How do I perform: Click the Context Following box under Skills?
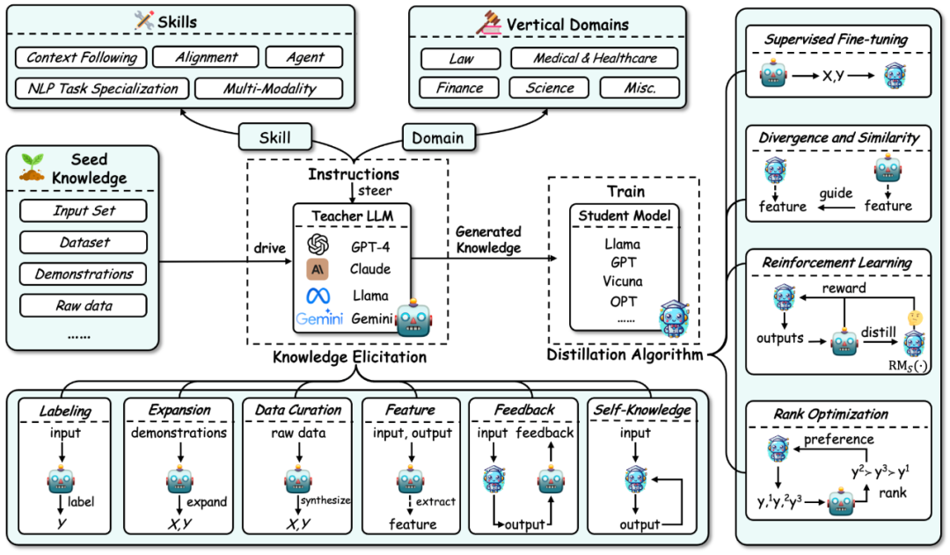point(82,58)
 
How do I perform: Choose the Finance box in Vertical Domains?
point(459,88)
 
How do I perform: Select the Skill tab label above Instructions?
point(276,138)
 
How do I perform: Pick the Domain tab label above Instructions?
point(439,138)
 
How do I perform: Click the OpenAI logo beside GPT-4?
point(318,243)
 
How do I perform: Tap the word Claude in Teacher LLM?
point(369,269)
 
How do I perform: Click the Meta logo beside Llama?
point(318,296)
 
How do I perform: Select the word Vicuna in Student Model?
point(623,281)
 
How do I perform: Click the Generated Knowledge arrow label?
point(488,239)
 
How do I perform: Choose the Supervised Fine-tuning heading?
point(836,39)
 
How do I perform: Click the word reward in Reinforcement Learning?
point(844,288)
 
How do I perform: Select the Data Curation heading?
point(298,409)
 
